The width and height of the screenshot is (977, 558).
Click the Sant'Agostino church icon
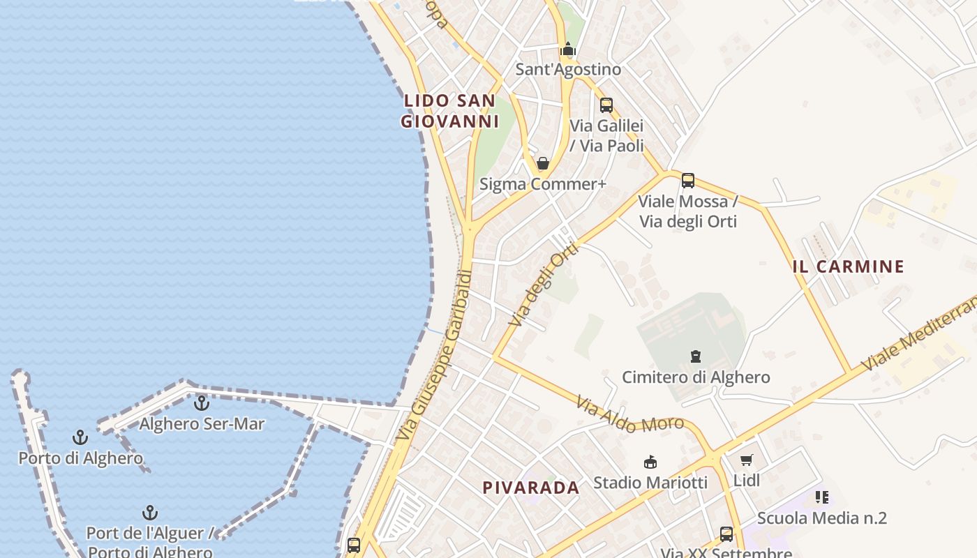click(568, 50)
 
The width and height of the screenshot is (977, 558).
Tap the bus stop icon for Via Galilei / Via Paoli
click(606, 105)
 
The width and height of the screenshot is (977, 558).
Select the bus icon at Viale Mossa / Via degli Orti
click(688, 181)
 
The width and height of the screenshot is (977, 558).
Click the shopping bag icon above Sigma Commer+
click(542, 163)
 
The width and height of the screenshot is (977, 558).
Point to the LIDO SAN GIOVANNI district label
click(450, 111)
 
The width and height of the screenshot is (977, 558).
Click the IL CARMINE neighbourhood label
click(849, 266)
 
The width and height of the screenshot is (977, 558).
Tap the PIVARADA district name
click(531, 488)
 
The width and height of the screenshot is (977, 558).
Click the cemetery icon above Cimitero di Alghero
click(695, 356)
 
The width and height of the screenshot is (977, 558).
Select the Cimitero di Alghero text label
click(696, 377)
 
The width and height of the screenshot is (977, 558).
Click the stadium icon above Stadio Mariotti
click(650, 462)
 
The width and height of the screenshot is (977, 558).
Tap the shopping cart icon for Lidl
click(747, 460)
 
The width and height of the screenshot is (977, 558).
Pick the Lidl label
click(747, 480)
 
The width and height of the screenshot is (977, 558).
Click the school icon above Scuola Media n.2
click(822, 497)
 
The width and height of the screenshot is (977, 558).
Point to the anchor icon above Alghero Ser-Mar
click(201, 402)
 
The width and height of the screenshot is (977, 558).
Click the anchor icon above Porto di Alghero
click(80, 437)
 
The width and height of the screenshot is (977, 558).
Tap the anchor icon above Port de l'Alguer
click(149, 513)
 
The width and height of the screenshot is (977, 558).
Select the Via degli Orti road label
click(544, 285)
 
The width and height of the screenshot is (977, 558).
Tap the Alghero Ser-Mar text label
click(202, 423)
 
